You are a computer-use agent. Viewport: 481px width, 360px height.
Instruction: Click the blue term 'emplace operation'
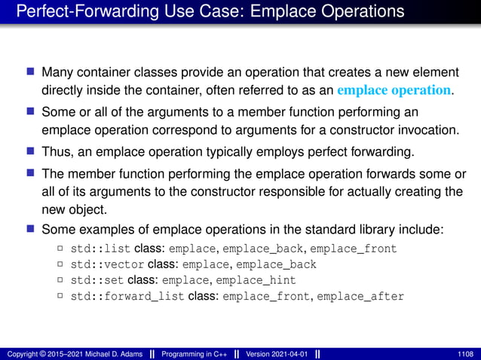[x=396, y=90]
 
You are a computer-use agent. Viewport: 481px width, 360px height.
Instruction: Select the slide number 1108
[x=466, y=353]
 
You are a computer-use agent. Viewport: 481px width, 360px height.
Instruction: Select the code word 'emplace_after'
[x=360, y=296]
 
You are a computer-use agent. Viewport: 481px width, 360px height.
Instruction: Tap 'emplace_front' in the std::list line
[x=353, y=249]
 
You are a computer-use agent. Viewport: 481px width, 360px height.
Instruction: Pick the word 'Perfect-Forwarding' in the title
[x=79, y=11]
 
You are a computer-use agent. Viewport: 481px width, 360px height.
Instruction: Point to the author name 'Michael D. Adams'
[x=110, y=353]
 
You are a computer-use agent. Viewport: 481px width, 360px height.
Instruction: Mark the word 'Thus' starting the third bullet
[x=56, y=149]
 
